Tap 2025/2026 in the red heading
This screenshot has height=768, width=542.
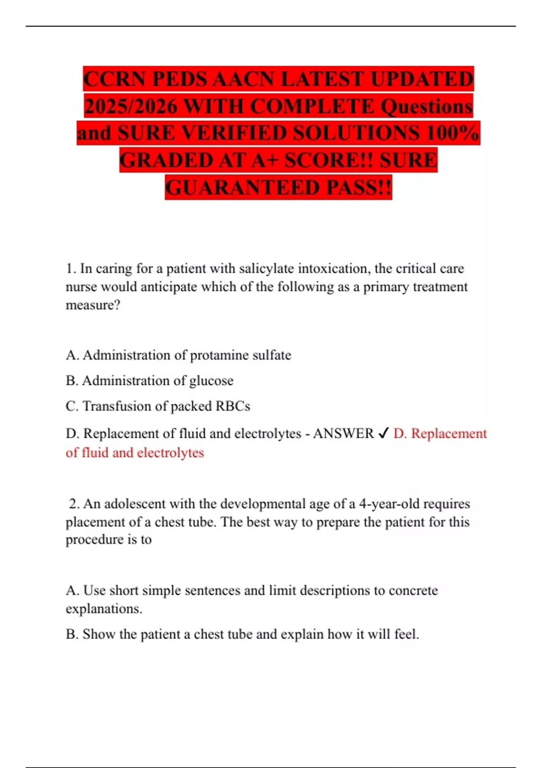131,106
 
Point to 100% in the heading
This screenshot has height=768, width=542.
452,133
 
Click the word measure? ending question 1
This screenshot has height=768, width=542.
93,305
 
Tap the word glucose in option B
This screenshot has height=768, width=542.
211,381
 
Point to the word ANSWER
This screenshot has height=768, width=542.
343,434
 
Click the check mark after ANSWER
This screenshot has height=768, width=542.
383,434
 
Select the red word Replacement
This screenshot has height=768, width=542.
449,434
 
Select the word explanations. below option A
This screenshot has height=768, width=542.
104,609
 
